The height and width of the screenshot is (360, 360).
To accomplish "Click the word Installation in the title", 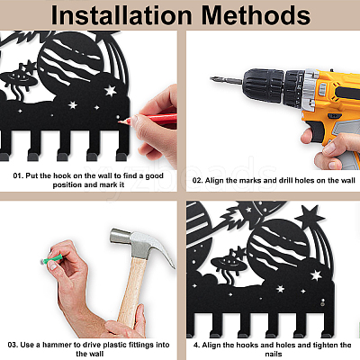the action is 121,15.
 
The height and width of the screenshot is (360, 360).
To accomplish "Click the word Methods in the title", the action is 256,15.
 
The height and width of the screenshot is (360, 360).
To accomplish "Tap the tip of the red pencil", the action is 120,121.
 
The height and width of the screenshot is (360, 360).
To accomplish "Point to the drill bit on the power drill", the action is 226,80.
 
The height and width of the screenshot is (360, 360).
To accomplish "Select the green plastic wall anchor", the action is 52,258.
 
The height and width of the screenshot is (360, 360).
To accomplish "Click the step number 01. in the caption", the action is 18,175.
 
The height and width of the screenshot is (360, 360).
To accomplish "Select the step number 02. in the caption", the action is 197,181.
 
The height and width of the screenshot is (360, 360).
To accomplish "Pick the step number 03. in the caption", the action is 13,345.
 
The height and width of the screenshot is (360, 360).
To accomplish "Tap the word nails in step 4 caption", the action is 274,354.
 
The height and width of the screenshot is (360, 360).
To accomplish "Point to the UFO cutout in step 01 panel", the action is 19,80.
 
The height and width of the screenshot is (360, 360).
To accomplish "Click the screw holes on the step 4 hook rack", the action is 323,302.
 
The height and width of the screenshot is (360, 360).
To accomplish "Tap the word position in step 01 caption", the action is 67,184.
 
